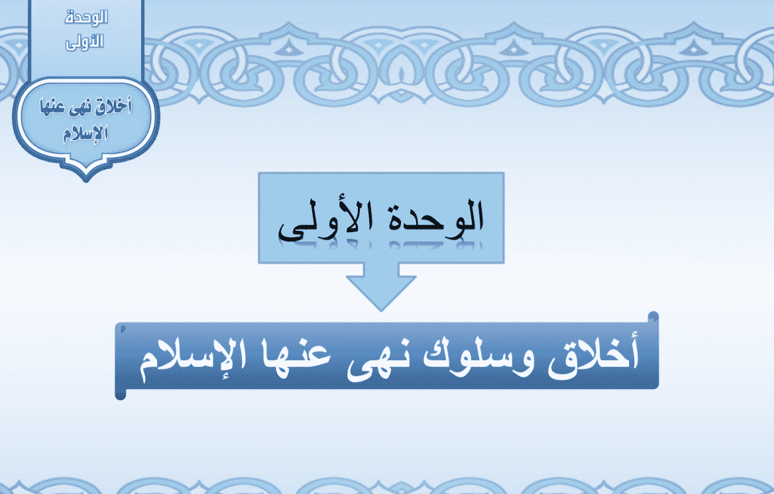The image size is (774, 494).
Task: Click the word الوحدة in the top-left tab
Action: pyautogui.click(x=86, y=18)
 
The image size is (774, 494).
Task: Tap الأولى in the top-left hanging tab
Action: pyautogui.click(x=84, y=42)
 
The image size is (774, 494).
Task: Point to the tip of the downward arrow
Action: pyautogui.click(x=380, y=311)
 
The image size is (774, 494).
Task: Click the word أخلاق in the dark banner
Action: pyautogui.click(x=593, y=355)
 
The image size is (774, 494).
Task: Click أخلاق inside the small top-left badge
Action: pyautogui.click(x=115, y=107)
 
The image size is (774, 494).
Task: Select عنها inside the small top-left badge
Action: pyautogui.click(x=55, y=107)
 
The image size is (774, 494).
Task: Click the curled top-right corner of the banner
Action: pyautogui.click(x=653, y=317)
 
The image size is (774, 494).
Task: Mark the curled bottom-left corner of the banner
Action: pyautogui.click(x=121, y=395)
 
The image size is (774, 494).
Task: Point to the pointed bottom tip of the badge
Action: pyautogui.click(x=86, y=180)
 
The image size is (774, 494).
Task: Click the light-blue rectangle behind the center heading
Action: pyautogui.click(x=381, y=218)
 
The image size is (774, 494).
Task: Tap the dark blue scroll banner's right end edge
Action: pyautogui.click(x=657, y=351)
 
